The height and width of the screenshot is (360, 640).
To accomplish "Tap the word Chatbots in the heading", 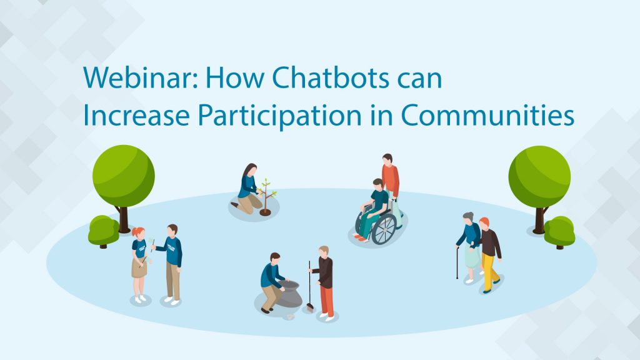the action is [x=331, y=77].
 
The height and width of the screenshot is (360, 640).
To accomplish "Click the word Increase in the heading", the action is [x=136, y=115].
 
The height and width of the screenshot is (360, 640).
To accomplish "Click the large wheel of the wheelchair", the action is [x=384, y=229].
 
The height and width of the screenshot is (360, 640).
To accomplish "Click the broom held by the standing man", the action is [x=310, y=286].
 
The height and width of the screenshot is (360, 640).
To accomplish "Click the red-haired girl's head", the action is [x=138, y=234].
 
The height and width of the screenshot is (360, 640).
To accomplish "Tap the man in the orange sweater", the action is [x=390, y=179].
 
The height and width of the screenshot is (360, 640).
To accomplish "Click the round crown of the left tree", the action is [x=124, y=176].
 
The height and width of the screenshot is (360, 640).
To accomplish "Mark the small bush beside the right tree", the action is [x=559, y=232].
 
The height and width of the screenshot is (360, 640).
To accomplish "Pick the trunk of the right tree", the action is [x=539, y=221].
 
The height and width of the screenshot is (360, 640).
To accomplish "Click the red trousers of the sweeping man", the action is [x=326, y=301].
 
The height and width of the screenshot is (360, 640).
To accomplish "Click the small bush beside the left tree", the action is [x=104, y=231].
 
